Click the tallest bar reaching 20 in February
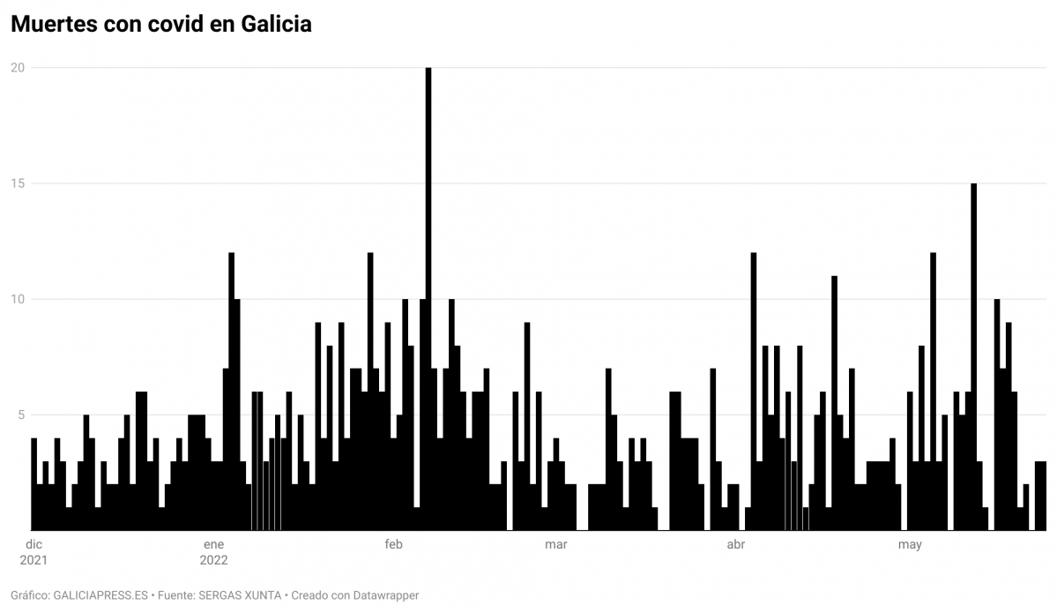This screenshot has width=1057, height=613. (428, 300)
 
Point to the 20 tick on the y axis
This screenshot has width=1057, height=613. (17, 68)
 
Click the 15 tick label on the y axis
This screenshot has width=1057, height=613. (17, 183)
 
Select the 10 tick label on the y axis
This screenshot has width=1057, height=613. (17, 300)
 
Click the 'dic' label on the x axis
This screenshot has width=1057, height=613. (33, 544)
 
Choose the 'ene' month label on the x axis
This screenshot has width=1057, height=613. (213, 544)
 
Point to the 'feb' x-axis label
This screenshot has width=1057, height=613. (393, 544)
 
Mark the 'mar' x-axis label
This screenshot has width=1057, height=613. (555, 544)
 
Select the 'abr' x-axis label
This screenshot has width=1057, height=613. (735, 544)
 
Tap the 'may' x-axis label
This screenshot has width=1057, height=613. (910, 544)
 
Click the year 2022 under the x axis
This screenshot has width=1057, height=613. (213, 560)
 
